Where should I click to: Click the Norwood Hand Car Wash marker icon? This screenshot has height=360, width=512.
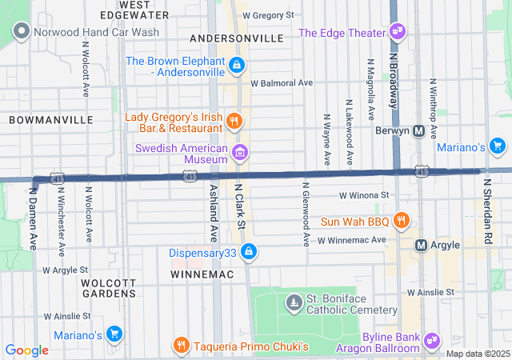(x=21, y=32)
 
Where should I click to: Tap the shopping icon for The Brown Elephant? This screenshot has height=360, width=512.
(x=236, y=65)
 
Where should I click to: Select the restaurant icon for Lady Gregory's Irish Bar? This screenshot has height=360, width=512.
(x=234, y=122)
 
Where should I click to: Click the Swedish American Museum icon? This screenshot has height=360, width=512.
(x=238, y=152)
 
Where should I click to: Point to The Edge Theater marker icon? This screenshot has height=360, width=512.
(x=398, y=32)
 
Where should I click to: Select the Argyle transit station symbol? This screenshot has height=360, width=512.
(x=422, y=244)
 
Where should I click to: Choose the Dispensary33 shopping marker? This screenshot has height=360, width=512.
(x=250, y=252)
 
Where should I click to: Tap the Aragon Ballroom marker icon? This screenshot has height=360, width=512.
(x=433, y=342)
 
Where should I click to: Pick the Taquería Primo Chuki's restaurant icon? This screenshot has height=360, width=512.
(x=182, y=346)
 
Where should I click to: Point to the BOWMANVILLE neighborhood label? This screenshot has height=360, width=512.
(x=51, y=119)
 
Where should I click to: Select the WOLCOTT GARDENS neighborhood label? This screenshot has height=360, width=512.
(x=108, y=288)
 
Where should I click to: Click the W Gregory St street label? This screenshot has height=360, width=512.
(x=268, y=15)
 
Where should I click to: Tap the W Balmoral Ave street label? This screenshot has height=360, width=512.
(x=281, y=82)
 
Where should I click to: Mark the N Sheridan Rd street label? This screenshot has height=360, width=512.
(x=486, y=211)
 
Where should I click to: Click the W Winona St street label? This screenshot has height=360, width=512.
(x=363, y=194)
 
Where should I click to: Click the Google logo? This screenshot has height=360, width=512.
(x=27, y=350)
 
